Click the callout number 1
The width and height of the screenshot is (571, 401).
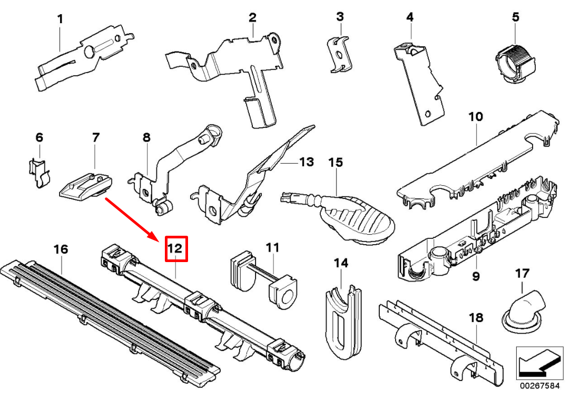[60, 19]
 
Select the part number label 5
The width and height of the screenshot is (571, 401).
[515, 17]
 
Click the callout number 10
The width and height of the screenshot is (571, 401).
[475, 116]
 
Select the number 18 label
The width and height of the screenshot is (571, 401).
[476, 317]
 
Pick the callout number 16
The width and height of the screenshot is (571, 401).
[61, 248]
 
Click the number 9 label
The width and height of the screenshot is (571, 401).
[476, 276]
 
